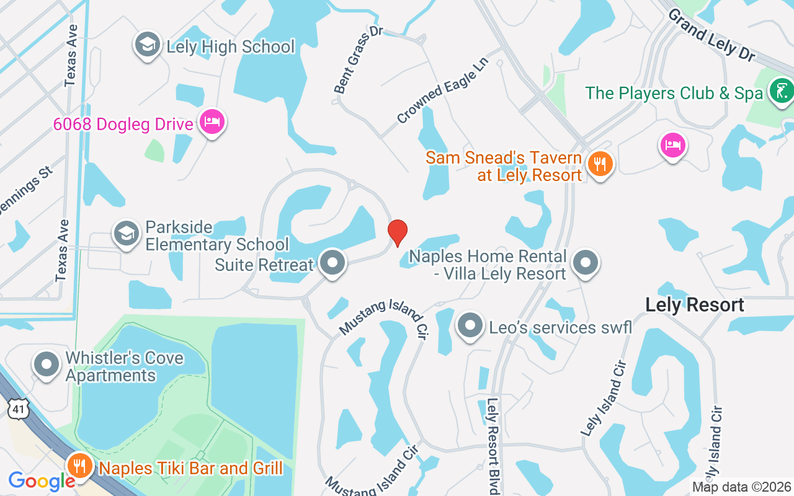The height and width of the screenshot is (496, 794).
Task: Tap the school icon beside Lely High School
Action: point(148,46)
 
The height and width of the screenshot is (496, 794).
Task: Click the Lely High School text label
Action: point(230,46)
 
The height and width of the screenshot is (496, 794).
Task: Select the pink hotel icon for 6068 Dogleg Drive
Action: point(212,122)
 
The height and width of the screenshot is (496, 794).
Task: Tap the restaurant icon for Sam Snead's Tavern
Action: point(600,164)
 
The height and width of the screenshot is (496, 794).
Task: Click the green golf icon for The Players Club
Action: point(781,92)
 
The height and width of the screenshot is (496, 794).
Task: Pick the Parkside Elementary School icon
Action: point(127,234)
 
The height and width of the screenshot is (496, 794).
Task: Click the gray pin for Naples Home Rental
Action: point(585,263)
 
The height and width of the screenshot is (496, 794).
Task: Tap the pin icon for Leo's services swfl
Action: point(470,326)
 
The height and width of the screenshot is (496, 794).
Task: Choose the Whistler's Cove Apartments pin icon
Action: point(47,366)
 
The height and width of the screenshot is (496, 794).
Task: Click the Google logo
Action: point(42,481)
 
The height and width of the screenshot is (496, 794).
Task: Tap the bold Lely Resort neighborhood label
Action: point(694,305)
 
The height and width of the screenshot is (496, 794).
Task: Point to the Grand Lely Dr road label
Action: point(711,34)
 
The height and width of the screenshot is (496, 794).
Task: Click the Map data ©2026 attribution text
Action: point(741,487)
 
